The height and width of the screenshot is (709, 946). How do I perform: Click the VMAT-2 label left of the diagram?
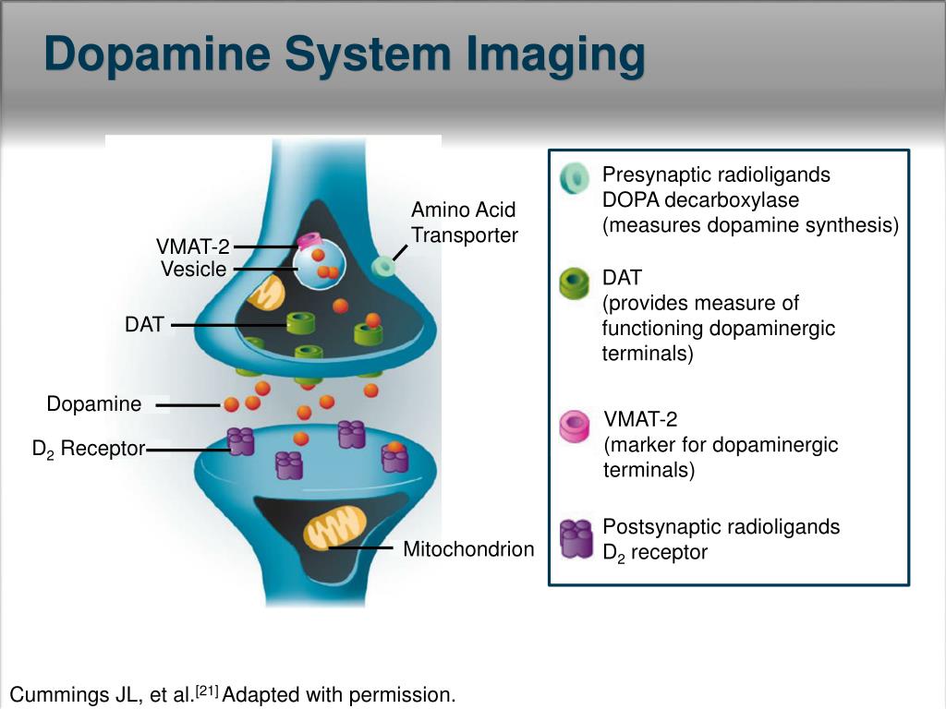(x=192, y=246)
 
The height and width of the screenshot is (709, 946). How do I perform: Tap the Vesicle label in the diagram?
(x=193, y=270)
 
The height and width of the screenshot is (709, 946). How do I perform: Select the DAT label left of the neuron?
(x=144, y=325)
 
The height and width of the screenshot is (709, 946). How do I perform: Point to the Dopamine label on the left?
(x=94, y=404)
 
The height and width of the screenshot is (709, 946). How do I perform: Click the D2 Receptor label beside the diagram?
(x=89, y=450)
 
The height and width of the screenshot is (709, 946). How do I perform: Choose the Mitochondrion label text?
(x=468, y=550)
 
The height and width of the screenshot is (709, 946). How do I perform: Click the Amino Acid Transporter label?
(x=464, y=222)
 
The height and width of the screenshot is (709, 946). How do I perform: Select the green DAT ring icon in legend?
(x=575, y=283)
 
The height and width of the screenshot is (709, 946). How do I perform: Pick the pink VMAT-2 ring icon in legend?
(x=576, y=426)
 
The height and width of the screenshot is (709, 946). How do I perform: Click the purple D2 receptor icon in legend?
(x=576, y=539)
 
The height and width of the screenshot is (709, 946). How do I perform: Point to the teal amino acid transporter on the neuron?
(x=382, y=268)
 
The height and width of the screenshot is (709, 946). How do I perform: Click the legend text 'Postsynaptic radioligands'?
(x=721, y=527)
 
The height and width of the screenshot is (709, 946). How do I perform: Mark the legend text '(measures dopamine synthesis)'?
(x=750, y=224)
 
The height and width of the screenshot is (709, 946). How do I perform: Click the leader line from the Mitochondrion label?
(x=360, y=548)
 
